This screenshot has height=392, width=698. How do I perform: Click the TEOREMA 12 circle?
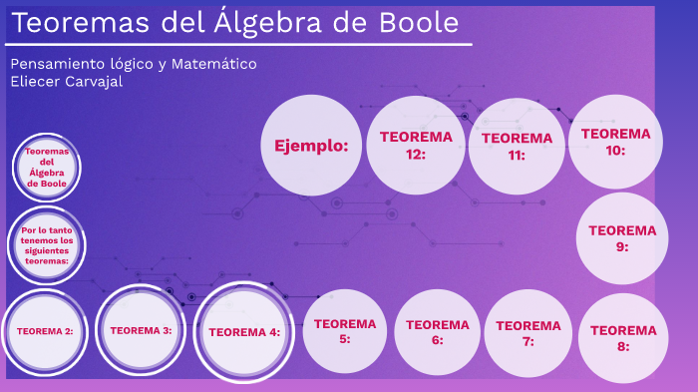pos(416,145)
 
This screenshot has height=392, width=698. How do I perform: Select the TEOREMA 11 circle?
pos(517,146)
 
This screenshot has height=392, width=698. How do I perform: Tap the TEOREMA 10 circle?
pos(615,141)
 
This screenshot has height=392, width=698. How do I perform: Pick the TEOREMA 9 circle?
pos(622,237)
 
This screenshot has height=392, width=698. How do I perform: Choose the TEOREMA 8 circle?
pos(623,338)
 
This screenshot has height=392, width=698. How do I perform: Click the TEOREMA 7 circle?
pos(527,332)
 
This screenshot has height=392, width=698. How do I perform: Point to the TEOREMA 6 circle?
pos(438,331)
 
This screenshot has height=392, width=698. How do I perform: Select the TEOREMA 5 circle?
pos(345,330)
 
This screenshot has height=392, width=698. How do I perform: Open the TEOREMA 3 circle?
pos(142,329)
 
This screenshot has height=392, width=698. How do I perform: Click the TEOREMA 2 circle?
pos(45,330)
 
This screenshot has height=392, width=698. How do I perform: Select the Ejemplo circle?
pos(311,146)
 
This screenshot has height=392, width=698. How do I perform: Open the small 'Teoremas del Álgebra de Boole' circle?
pos(47,167)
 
